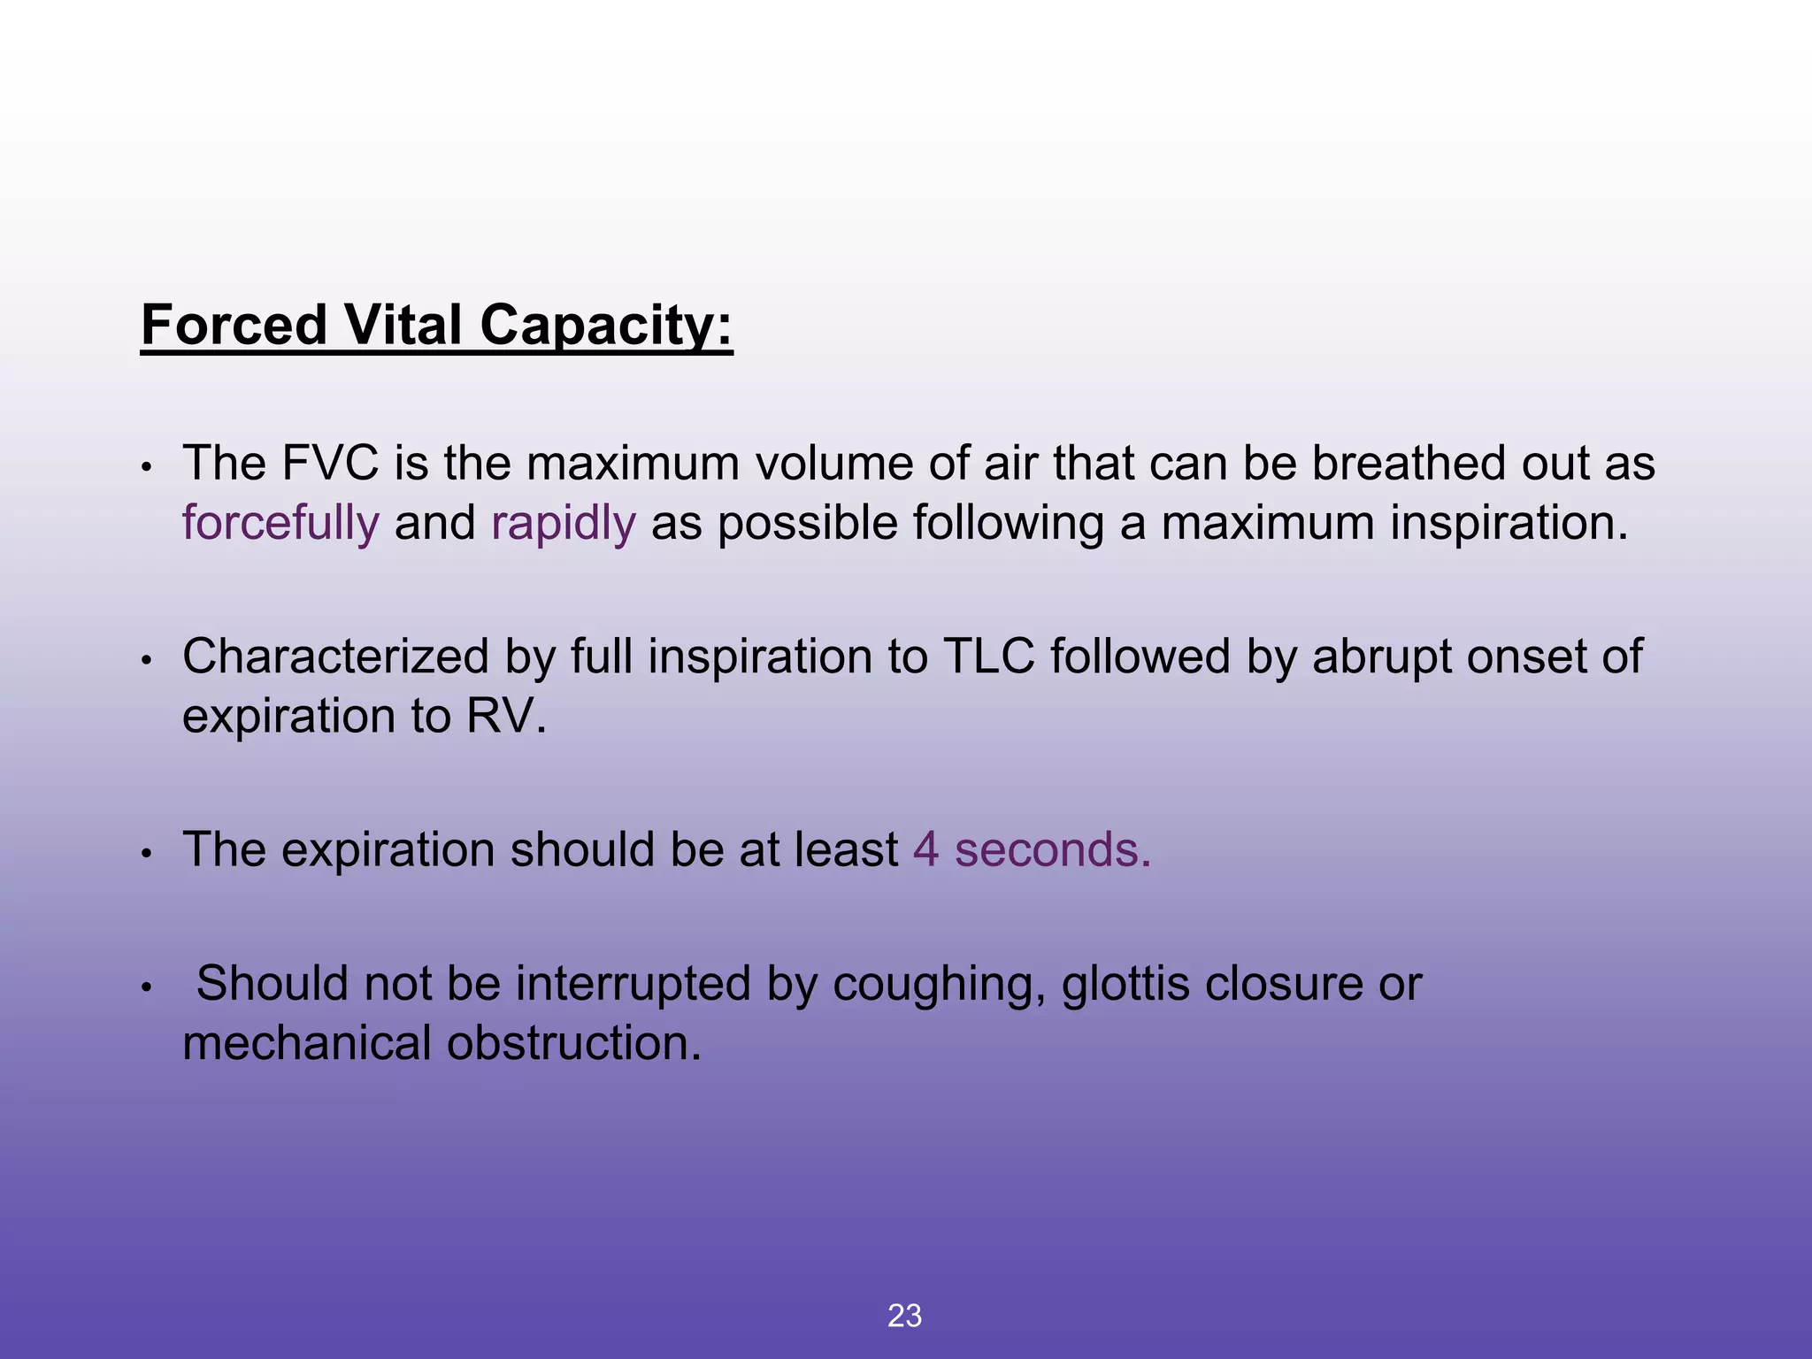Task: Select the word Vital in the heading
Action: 403,325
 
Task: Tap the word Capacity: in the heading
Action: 606,326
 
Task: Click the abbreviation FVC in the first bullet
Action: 330,463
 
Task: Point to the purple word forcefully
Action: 280,523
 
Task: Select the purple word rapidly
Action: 564,523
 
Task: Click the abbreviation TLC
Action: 989,656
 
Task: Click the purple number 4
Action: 925,849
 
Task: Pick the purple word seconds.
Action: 1053,849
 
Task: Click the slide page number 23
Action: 904,1317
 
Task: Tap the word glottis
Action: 1125,983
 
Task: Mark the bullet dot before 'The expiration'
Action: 148,854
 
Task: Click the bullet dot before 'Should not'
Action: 148,987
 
